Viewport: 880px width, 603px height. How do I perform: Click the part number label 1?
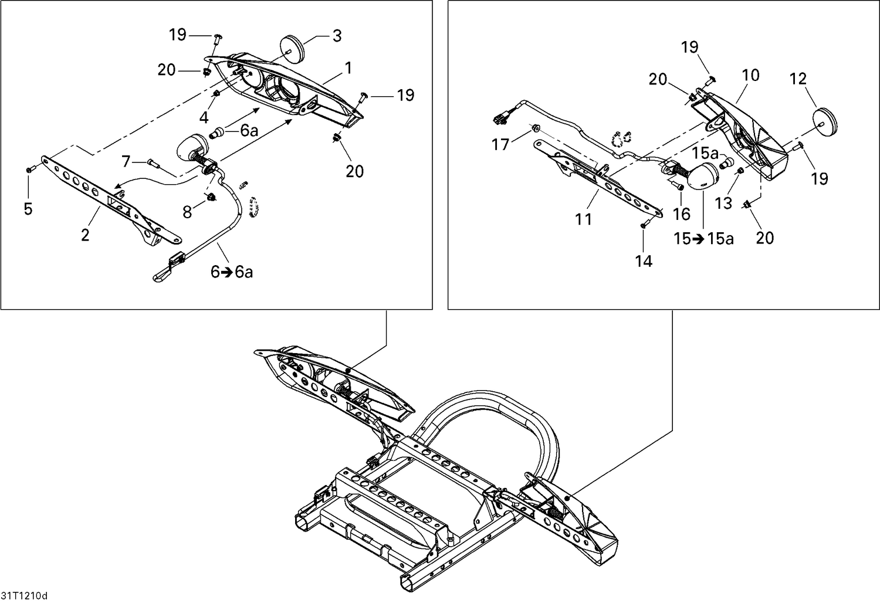point(348,69)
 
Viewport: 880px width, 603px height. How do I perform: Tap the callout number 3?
point(337,36)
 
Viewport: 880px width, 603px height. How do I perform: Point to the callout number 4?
point(204,118)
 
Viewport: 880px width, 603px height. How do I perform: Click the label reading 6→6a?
point(232,272)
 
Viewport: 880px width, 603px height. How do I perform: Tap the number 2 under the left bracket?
point(86,235)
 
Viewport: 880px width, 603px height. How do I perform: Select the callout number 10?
point(750,75)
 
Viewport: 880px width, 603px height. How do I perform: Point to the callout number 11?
point(583,219)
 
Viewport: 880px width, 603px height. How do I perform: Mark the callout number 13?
point(723,203)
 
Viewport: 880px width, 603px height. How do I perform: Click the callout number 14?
point(644,261)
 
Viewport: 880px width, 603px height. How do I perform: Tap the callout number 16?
point(682,214)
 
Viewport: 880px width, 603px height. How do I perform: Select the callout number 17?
point(500,144)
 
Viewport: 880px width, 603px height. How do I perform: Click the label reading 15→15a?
point(703,239)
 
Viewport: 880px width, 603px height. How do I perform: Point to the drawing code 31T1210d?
point(24,596)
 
